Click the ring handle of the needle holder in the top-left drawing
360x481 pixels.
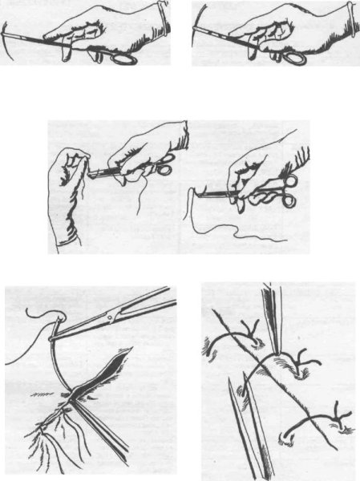[124, 57]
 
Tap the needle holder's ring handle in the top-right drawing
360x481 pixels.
[295, 58]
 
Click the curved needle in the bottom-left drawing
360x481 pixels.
[53, 361]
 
